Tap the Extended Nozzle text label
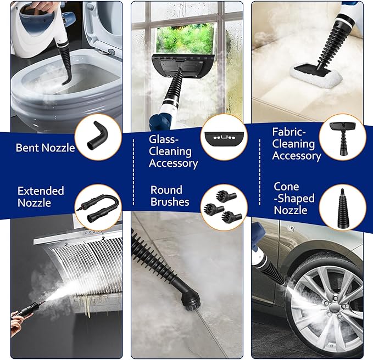coord(41,196)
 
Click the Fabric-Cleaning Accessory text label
coord(297,144)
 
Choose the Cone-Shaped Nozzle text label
coord(294,198)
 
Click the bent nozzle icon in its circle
coord(98,138)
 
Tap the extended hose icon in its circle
coord(97,206)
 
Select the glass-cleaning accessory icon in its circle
coord(222,137)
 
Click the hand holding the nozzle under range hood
coord(19,317)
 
